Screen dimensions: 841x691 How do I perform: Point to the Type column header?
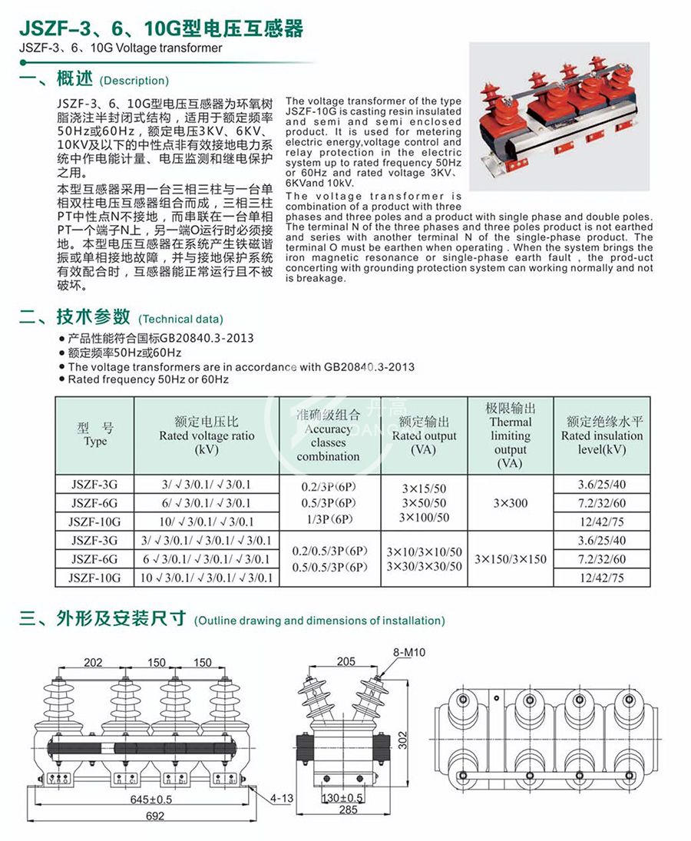(x=95, y=435)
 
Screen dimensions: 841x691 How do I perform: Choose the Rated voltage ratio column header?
(x=207, y=435)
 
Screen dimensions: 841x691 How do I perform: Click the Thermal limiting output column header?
(x=511, y=435)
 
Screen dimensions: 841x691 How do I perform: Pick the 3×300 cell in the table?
(x=511, y=503)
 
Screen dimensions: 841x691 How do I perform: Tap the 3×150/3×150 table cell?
(x=511, y=559)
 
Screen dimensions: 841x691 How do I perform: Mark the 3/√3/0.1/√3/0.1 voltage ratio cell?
(x=207, y=485)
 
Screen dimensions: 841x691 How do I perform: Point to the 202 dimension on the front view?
(x=93, y=663)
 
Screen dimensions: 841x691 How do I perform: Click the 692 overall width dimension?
(x=154, y=816)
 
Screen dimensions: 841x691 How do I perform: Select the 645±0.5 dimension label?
(x=150, y=800)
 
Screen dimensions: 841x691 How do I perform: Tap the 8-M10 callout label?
(x=410, y=652)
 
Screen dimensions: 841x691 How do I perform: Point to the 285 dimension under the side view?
(x=349, y=810)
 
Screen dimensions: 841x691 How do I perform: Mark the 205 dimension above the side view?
(x=345, y=661)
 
